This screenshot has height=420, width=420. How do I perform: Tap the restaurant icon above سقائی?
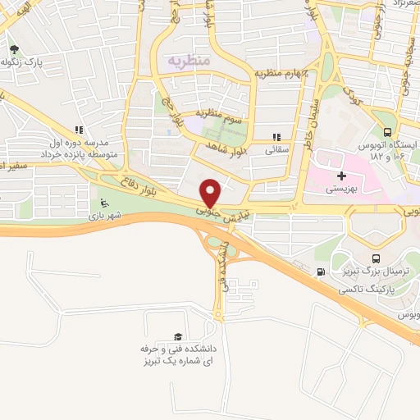(x=276, y=138)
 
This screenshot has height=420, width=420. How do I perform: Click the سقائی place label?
(x=276, y=152)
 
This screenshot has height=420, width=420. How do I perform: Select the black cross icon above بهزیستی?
(x=342, y=176)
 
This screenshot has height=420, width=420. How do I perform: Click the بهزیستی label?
(x=341, y=189)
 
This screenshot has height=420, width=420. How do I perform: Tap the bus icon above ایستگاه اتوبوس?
(x=387, y=131)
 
